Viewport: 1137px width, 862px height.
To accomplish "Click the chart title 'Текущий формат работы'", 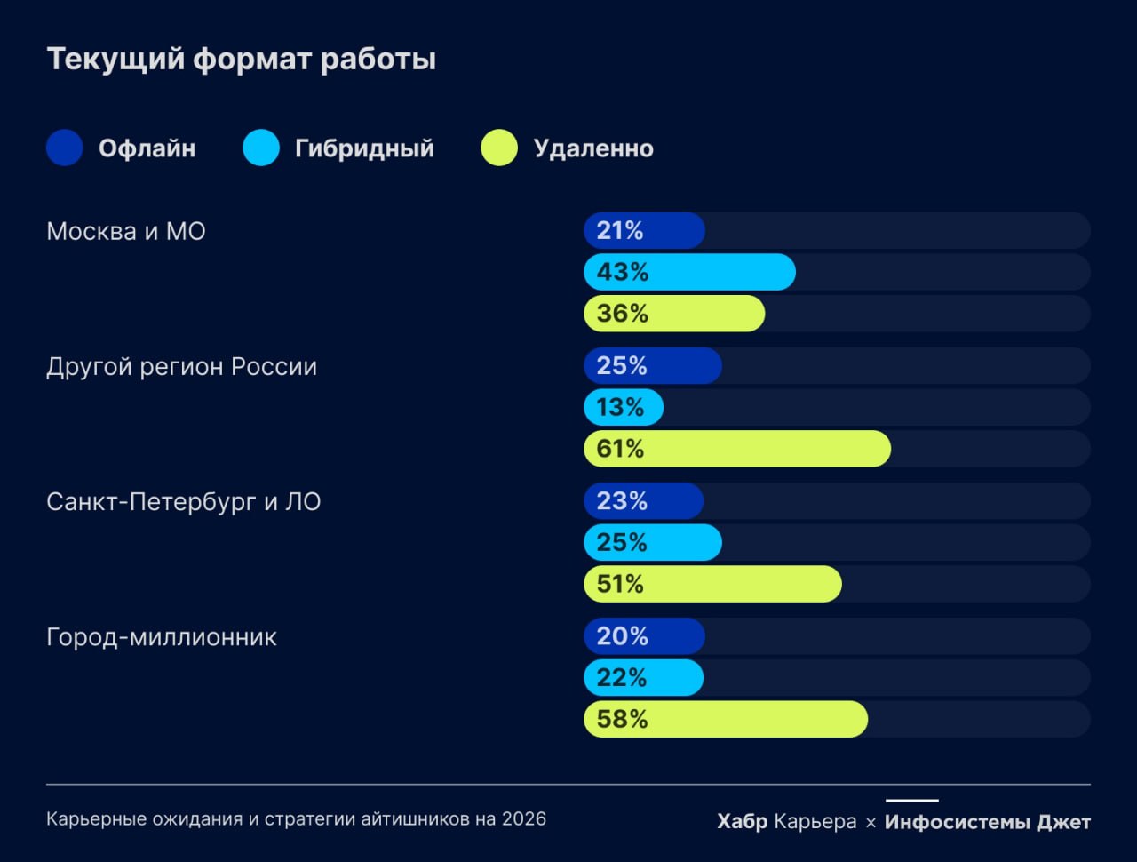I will point(241,59).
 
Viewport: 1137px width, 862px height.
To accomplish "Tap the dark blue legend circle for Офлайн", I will point(65,148).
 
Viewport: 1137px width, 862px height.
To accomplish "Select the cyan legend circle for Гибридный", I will point(261,148).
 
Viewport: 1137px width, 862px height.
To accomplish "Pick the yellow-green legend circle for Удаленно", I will point(499,148).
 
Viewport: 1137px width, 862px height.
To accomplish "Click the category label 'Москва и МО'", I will point(126,231).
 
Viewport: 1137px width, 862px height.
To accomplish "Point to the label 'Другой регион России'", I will point(181,366).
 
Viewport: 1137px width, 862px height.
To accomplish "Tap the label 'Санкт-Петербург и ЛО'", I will point(183,501).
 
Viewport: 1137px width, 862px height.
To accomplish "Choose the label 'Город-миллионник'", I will point(162,636).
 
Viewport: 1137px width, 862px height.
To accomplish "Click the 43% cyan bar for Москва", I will point(689,272).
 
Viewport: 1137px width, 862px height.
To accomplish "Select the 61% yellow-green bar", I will point(737,449).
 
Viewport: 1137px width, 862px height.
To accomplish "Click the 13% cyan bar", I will point(624,407).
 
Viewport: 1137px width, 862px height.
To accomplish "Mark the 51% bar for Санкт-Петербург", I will point(712,584).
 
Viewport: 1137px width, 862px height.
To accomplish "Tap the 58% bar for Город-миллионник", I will point(726,719).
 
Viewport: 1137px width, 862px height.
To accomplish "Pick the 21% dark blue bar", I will point(644,231).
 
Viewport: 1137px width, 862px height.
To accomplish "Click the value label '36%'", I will point(622,314).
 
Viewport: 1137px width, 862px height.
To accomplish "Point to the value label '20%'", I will point(622,636).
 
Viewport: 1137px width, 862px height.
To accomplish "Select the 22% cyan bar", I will point(644,678).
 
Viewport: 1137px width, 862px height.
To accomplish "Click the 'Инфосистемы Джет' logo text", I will point(987,822).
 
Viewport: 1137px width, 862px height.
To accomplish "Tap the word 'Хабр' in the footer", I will point(742,822).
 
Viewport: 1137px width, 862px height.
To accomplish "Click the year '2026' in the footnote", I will point(524,818).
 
